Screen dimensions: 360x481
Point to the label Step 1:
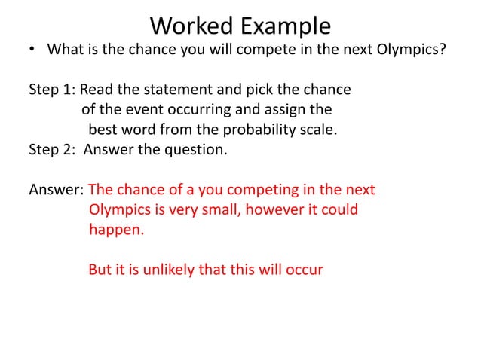(x=52, y=90)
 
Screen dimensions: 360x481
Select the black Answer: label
(x=56, y=188)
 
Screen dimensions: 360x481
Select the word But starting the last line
(x=100, y=268)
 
